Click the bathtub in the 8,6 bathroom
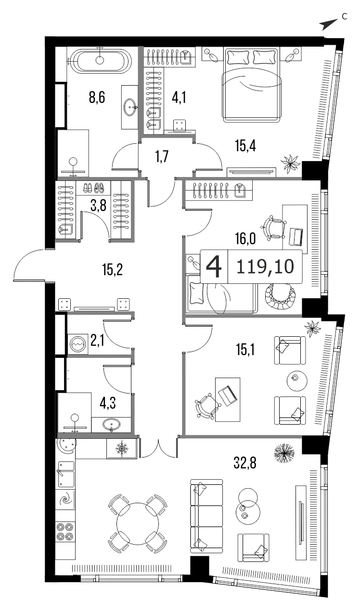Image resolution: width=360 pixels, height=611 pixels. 101,61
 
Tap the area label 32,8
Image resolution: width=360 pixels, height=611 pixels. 245,463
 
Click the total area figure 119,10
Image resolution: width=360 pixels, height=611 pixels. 265,267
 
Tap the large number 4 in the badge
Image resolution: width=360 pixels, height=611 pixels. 214,267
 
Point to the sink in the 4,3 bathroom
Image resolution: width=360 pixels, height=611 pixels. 111,424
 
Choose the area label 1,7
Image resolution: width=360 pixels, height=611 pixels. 162,157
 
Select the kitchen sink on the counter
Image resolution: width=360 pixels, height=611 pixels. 65,474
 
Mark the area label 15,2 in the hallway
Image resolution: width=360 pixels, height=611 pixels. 113,270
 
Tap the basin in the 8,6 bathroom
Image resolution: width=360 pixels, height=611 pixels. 130,107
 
